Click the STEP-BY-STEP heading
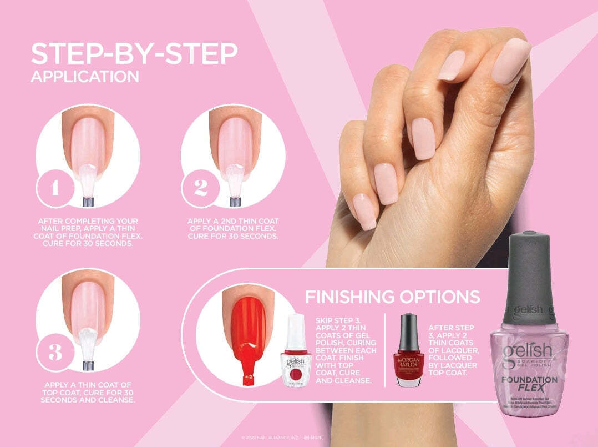coord(134,54)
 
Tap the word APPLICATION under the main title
coord(85,77)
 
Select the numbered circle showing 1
coord(54,188)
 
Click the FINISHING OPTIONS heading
coord(392,297)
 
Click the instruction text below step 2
coord(232,229)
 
